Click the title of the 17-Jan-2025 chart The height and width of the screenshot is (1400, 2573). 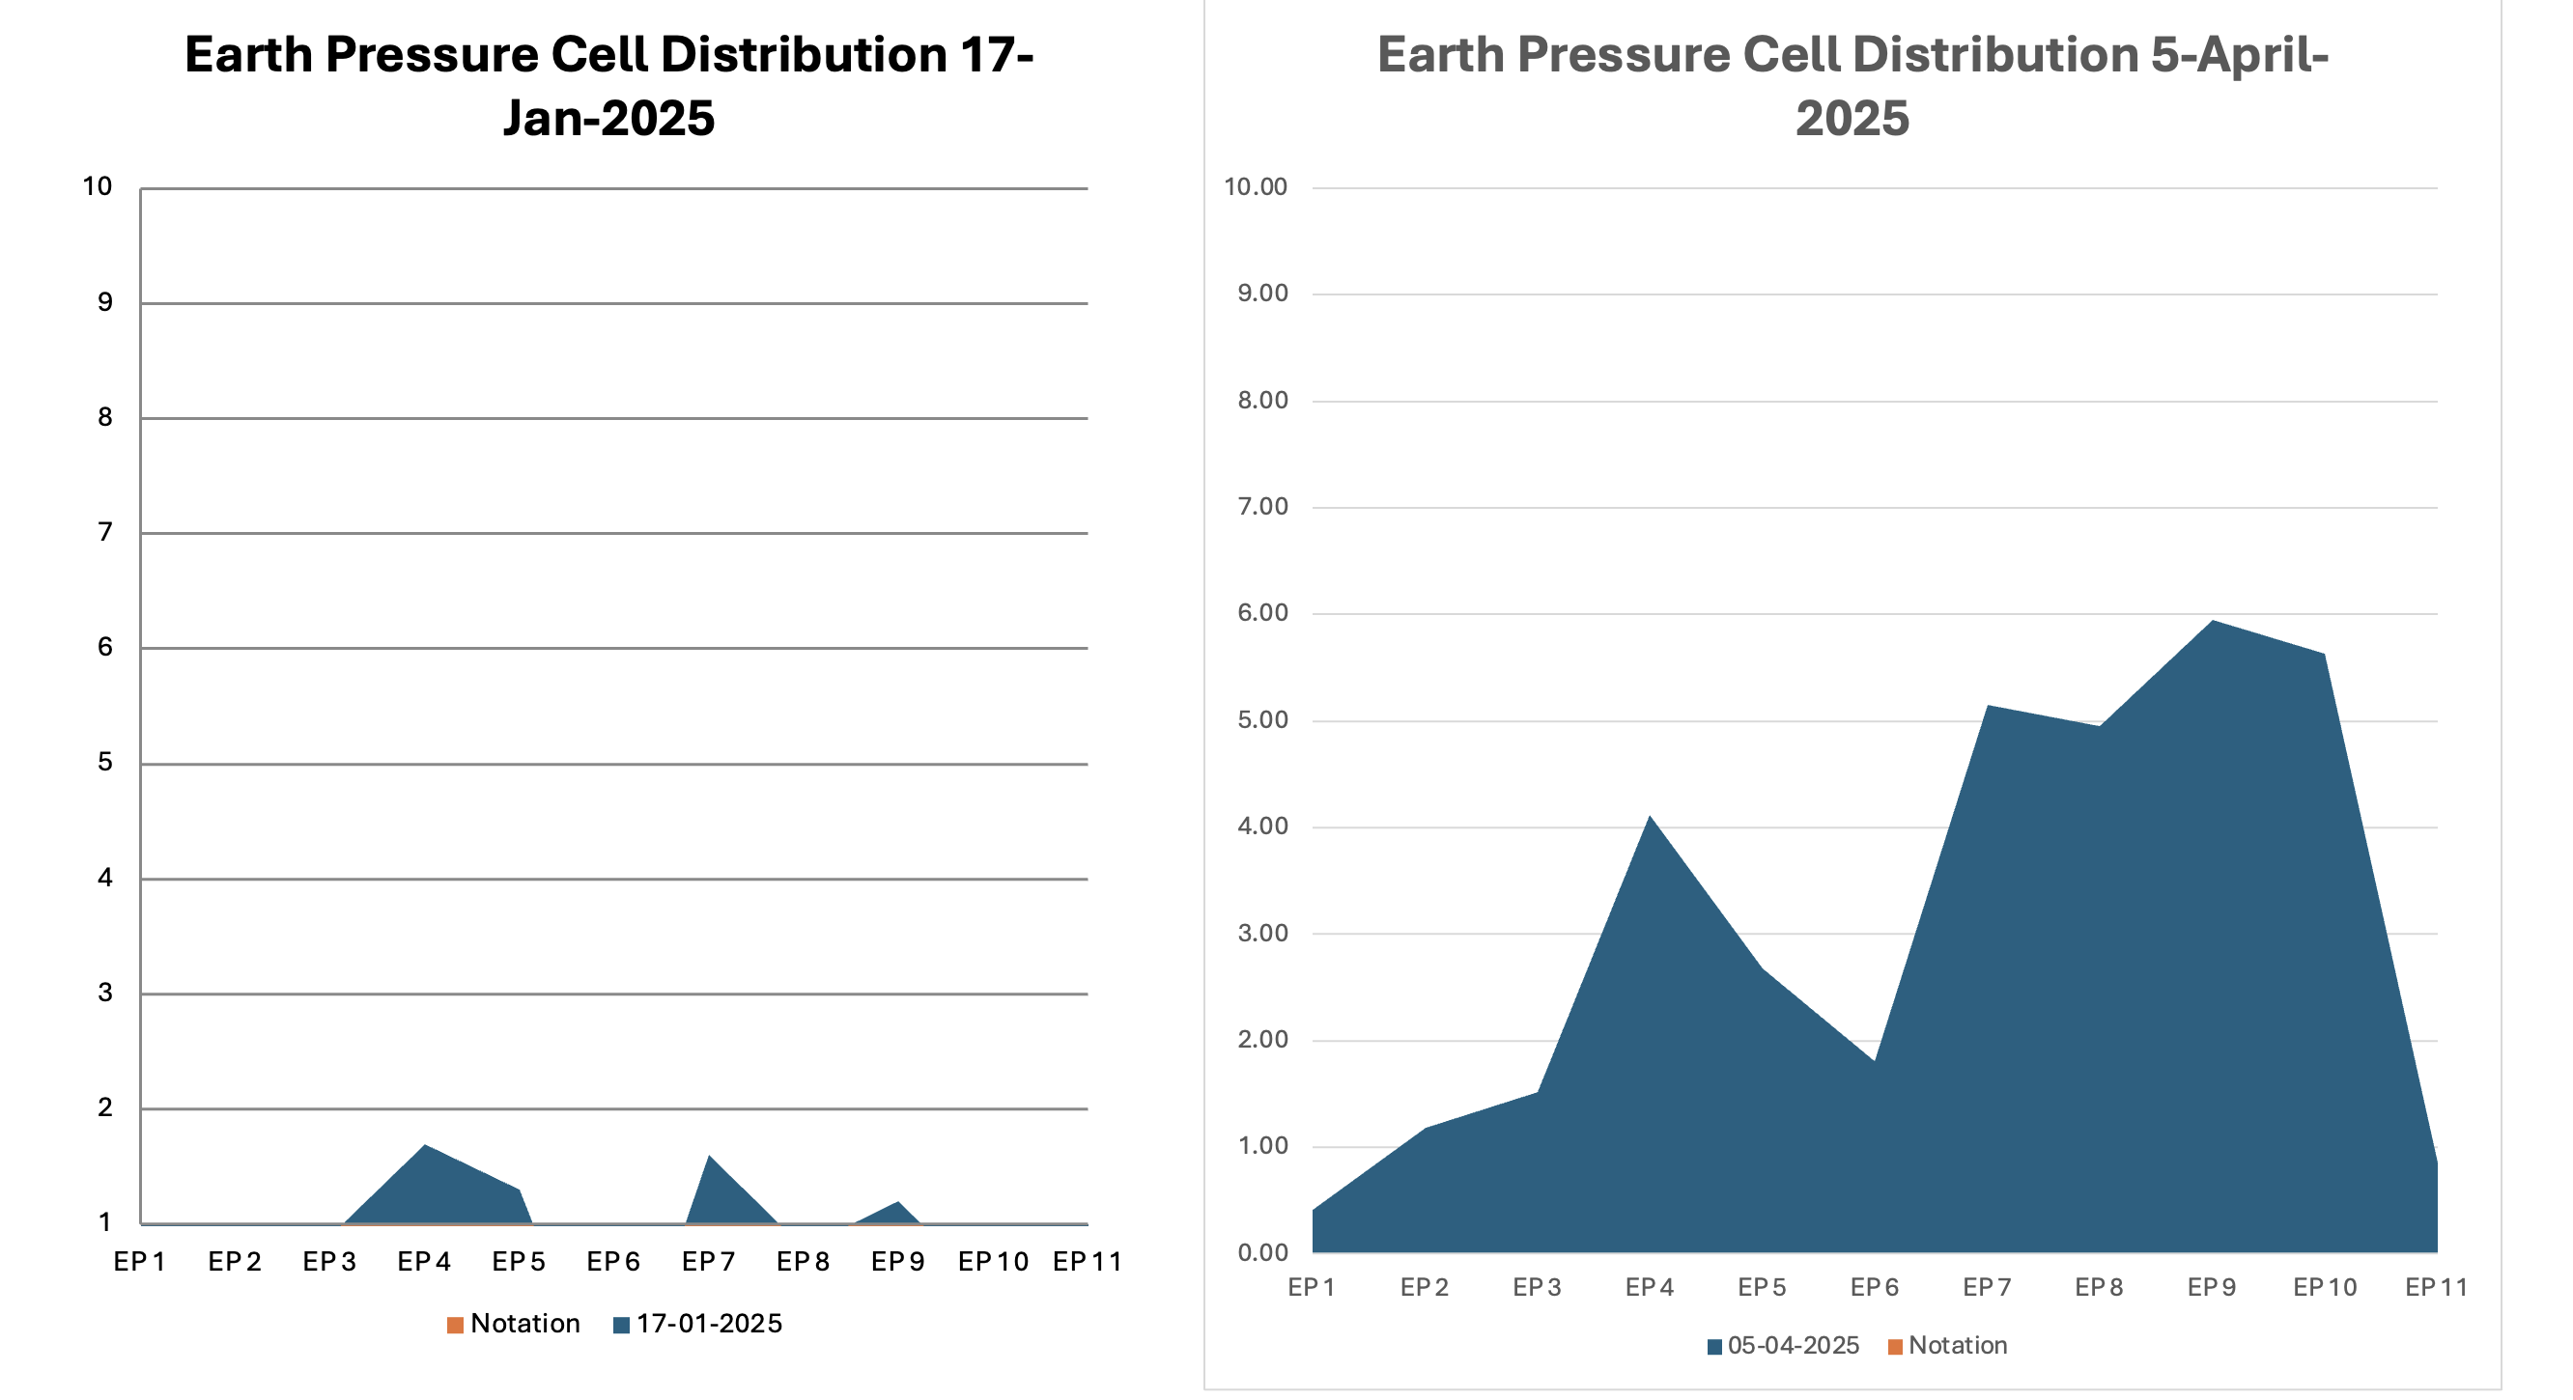(x=608, y=86)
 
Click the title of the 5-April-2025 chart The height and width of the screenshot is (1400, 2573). (x=1852, y=86)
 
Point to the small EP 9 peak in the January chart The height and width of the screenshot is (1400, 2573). (x=898, y=1203)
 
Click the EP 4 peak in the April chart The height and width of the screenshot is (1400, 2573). (x=1649, y=818)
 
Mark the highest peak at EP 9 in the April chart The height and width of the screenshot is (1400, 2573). (x=2213, y=622)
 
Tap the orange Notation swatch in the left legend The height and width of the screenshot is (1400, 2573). (x=456, y=1325)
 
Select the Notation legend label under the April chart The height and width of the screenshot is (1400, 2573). (x=1957, y=1346)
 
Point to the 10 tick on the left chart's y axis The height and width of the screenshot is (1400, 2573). (x=97, y=186)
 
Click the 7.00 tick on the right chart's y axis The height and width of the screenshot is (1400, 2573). (x=1261, y=507)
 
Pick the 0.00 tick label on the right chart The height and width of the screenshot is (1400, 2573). (x=1261, y=1253)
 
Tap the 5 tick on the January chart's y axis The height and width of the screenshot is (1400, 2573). (x=105, y=763)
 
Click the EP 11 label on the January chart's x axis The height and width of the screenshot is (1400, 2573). (x=1087, y=1262)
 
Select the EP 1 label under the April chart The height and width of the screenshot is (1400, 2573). (x=1312, y=1288)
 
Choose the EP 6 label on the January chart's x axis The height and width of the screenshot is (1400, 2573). (x=613, y=1262)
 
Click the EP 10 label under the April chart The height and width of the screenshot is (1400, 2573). (x=2324, y=1288)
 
